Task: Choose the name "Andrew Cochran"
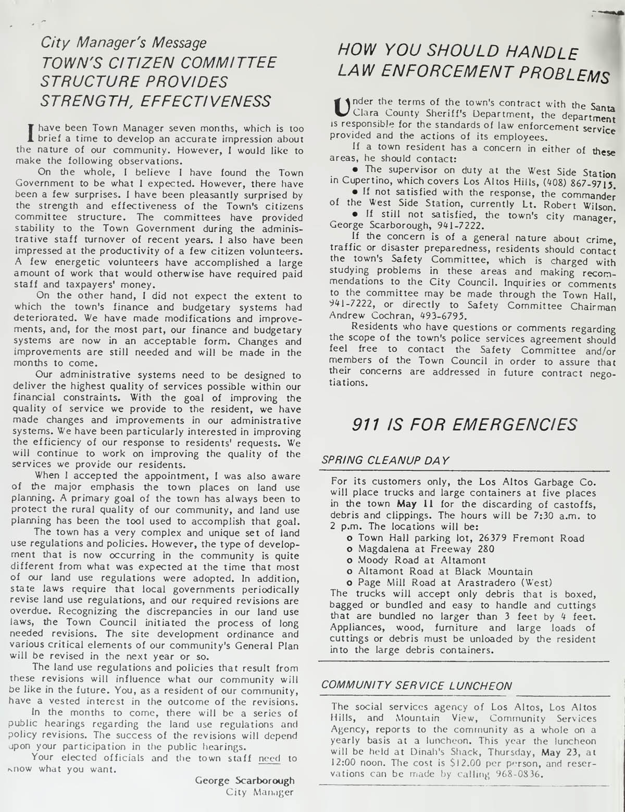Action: (x=365, y=316)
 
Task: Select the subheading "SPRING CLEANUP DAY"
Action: (x=384, y=460)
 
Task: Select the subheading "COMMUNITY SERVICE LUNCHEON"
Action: (x=416, y=686)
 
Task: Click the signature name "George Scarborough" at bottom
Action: (x=244, y=780)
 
